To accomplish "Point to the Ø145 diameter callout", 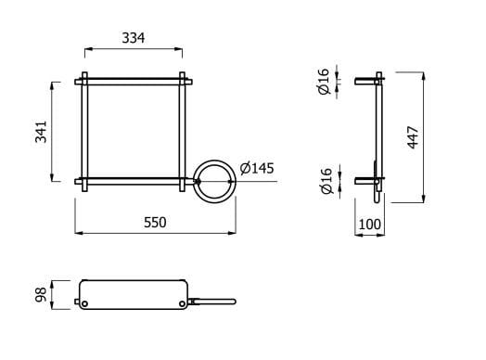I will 256,168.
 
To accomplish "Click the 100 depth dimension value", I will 369,224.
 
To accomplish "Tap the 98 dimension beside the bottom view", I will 39,296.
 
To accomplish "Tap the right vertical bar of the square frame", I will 183,130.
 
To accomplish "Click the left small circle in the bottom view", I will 84,302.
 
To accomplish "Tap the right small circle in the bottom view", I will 182,302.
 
